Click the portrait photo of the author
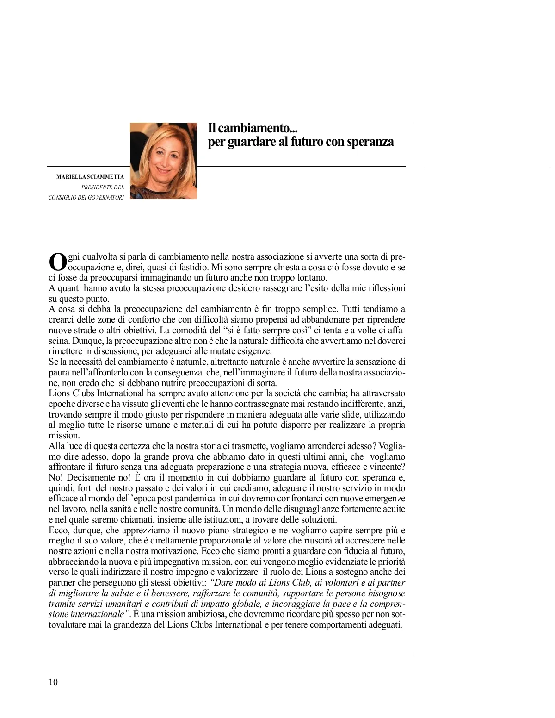pos(163,161)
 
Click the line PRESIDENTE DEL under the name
pos(103,187)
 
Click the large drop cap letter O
pos(57,262)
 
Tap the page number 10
pos(53,682)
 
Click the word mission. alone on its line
pos(64,436)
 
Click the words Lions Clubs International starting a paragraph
pos(96,393)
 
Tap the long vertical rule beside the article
pos(414,389)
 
